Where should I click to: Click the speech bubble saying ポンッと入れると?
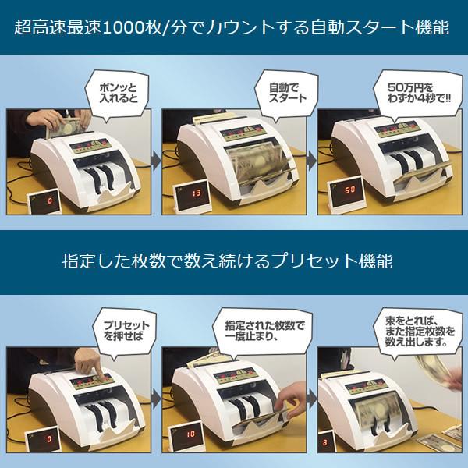point(115,90)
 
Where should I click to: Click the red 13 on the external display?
point(197,192)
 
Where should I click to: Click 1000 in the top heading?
point(138,28)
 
